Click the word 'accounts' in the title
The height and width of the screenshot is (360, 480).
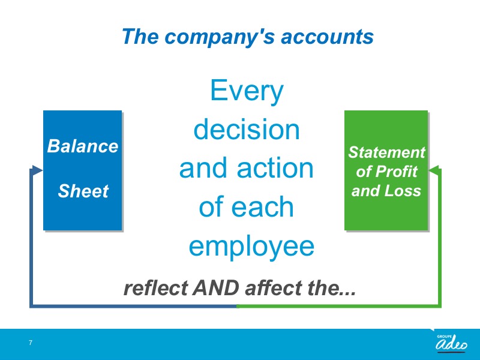tap(327, 37)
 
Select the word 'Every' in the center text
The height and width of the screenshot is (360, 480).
tap(247, 91)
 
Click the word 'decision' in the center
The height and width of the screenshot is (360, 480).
tap(247, 130)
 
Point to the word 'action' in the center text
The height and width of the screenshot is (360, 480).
tap(275, 169)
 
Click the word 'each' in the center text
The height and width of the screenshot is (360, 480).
tap(262, 207)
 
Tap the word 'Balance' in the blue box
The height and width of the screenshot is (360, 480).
tap(83, 146)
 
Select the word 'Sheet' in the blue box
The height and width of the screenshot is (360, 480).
tap(83, 191)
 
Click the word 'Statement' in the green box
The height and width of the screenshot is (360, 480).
tap(386, 152)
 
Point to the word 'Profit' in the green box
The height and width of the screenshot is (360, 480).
tap(397, 172)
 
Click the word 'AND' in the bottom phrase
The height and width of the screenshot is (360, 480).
tap(216, 288)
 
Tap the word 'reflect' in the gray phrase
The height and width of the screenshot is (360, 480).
tap(155, 288)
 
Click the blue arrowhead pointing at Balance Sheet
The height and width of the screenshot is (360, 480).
tap(37, 170)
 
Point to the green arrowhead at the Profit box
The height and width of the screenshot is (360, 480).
tap(434, 170)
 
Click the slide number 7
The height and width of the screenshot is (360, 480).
tap(31, 343)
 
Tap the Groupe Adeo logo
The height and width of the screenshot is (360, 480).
tap(452, 343)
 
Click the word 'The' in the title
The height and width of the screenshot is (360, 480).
tap(140, 37)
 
